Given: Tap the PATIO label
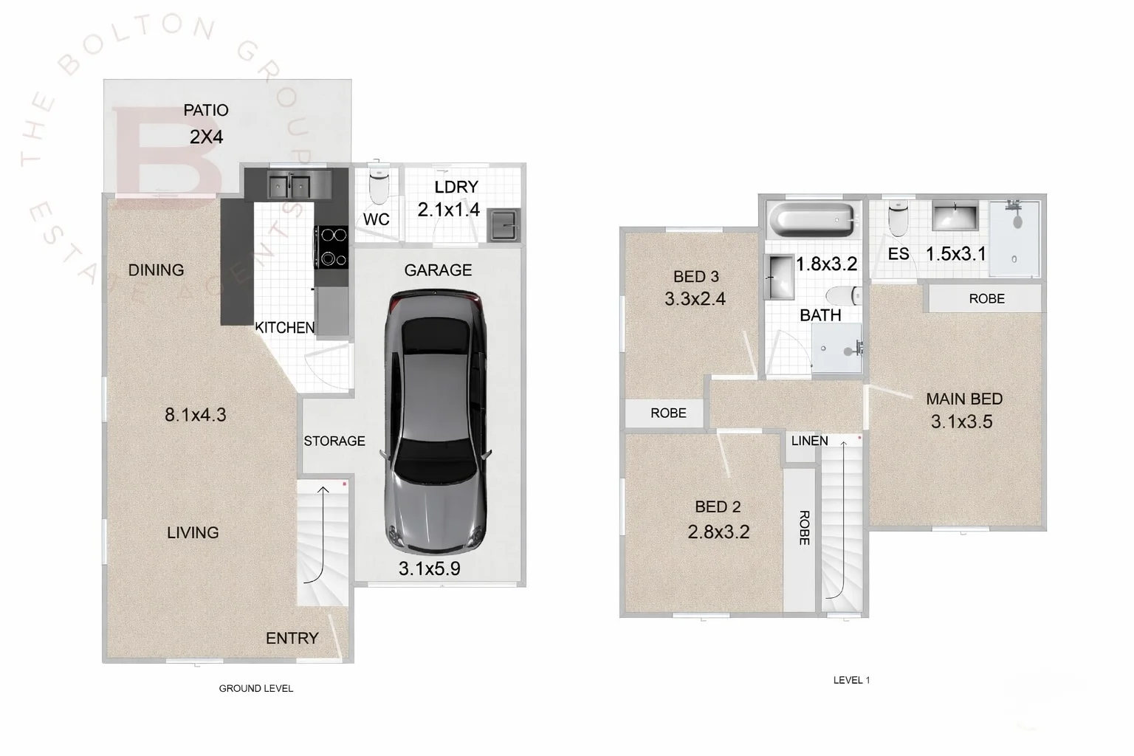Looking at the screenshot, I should point(206,111).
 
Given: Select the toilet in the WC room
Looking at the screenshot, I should point(378,185).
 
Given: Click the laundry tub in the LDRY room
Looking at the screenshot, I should point(504,224).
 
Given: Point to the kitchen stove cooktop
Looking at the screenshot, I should point(331,247).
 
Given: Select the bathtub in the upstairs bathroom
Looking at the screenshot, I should point(811,219).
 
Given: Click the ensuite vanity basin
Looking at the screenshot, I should point(955,219).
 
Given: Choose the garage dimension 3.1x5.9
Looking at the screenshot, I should point(429,568).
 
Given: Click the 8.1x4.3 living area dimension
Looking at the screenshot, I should point(195,415).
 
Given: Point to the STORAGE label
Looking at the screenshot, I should point(334,441).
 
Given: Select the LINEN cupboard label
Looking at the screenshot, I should point(809,441).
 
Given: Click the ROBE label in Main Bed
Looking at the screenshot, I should point(986,299).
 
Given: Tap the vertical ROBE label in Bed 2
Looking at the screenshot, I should point(804,528).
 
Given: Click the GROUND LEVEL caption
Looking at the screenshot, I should point(256,688).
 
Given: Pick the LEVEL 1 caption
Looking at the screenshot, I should point(851,680).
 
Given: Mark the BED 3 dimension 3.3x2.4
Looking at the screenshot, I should point(695,299).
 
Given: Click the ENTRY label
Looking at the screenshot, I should point(292,638).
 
